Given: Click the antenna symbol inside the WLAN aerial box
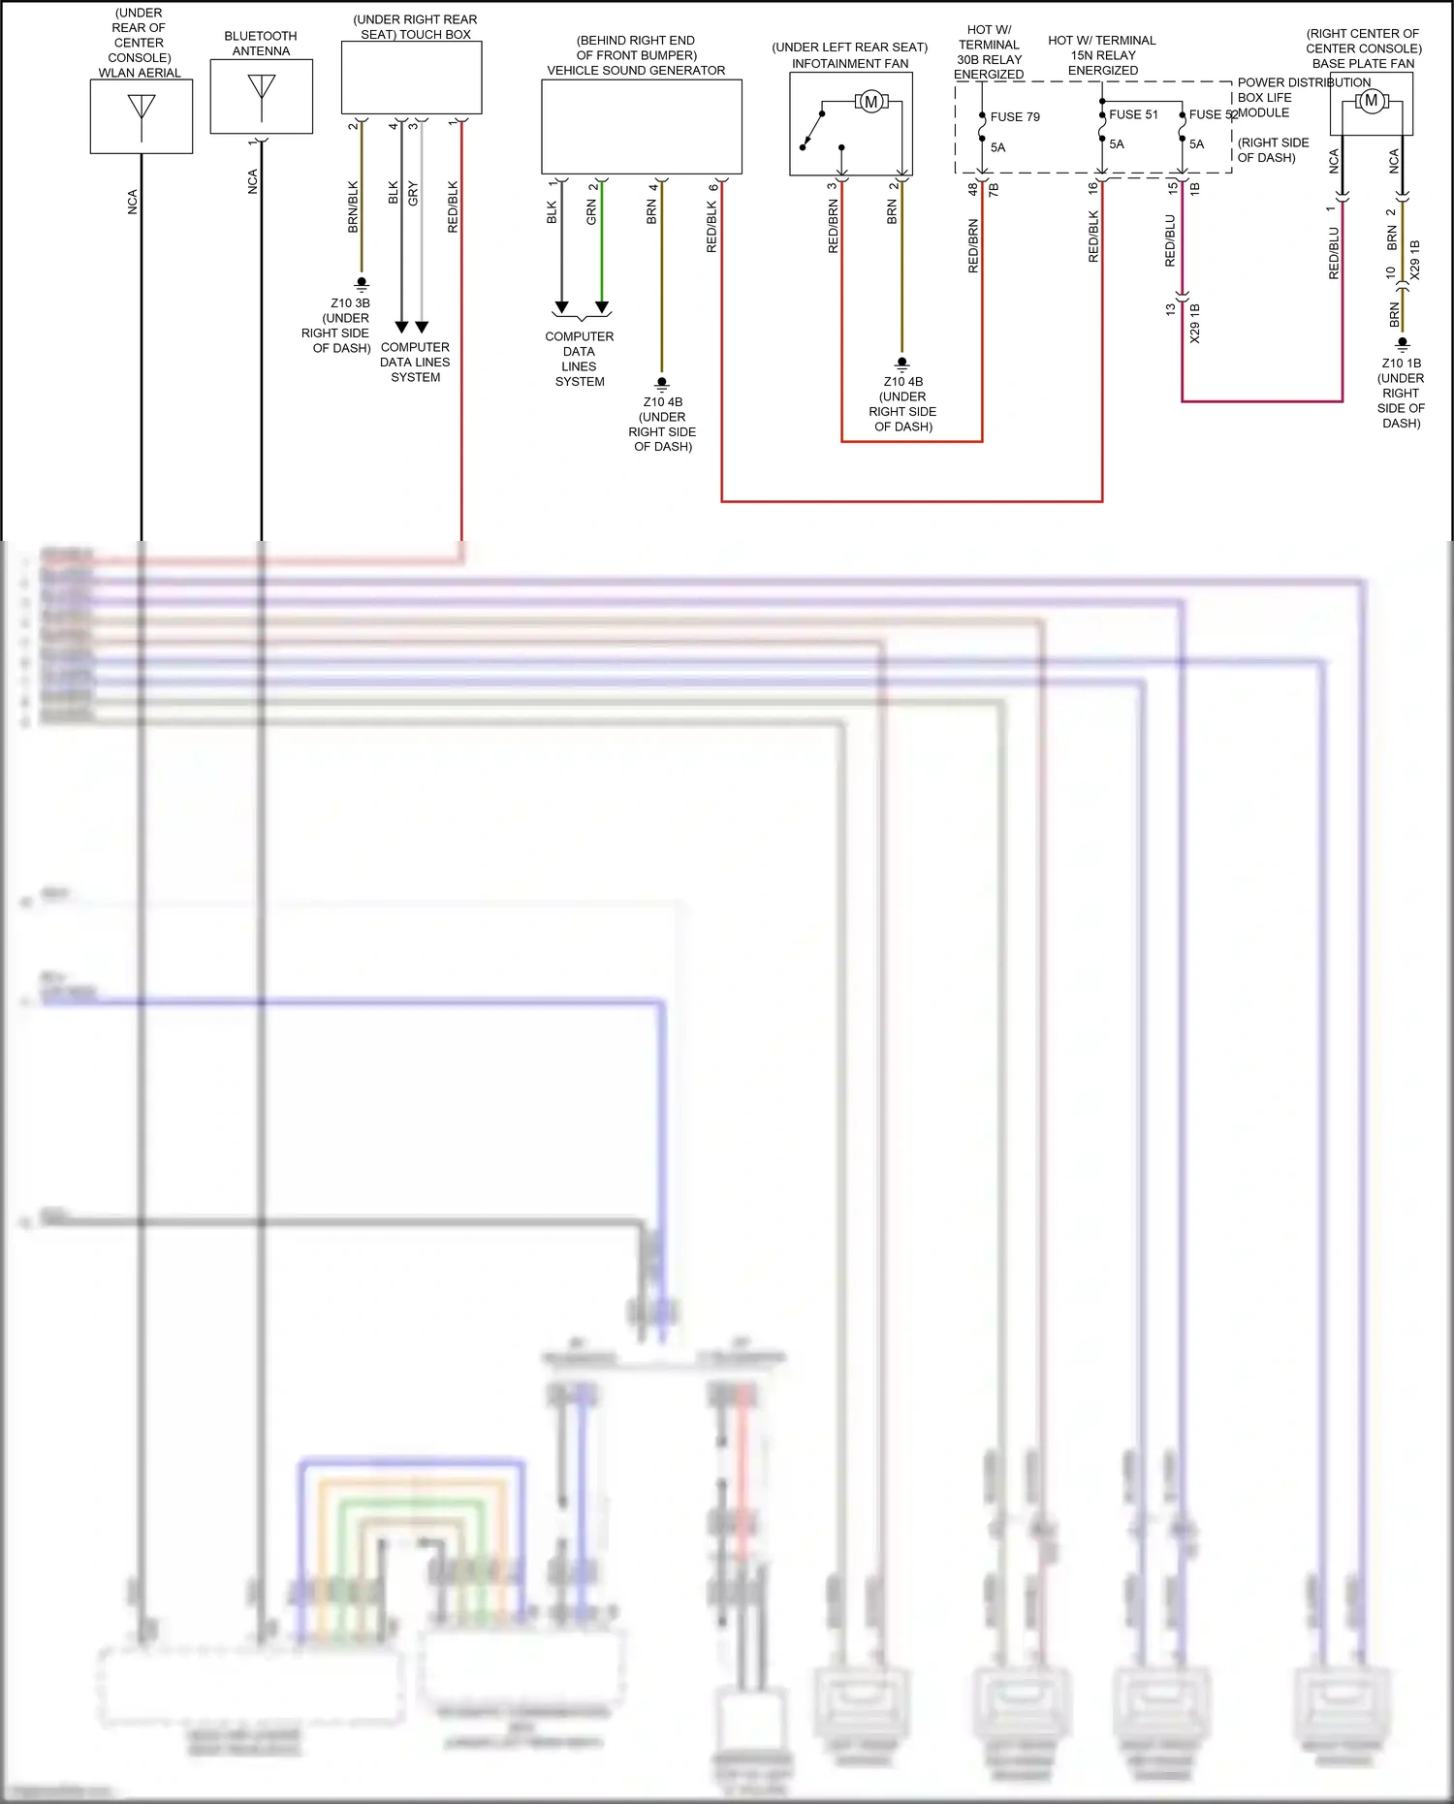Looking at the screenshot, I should point(142,106).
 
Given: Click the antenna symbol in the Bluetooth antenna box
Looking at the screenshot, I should point(262,86).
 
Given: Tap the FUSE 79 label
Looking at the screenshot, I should point(1015,117).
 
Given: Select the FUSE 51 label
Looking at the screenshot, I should point(1133,114).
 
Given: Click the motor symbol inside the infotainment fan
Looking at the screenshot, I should point(870,102).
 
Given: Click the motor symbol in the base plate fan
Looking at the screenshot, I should point(1371,101).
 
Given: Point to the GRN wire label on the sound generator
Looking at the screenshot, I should point(591,212).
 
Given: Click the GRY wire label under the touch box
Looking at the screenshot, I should point(413,193).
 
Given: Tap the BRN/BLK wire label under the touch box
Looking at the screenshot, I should point(353,206).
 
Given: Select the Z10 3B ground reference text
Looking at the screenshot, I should point(350,303).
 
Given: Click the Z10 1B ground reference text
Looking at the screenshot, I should point(1401,364).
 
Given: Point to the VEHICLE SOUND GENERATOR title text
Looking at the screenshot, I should point(636,71).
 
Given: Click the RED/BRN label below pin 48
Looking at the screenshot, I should point(973,245).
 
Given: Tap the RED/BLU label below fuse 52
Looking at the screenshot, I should point(1170,240).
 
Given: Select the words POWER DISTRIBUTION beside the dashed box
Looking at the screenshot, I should point(1303,83).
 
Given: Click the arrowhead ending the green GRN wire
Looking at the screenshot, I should point(602,308).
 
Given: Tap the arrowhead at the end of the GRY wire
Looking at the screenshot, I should point(422,328).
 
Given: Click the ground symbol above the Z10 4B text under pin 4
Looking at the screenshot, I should point(662,383).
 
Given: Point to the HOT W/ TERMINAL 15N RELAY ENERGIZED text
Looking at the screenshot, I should point(1102,55).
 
